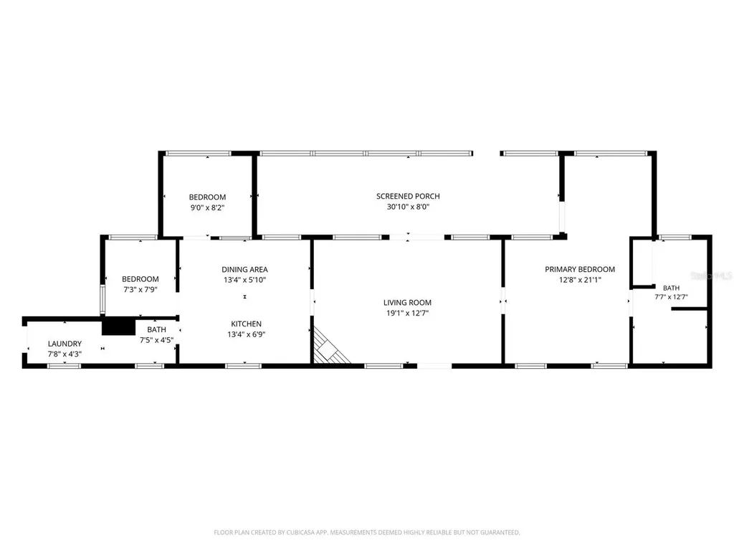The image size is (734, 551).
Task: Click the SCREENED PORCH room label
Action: point(408,197)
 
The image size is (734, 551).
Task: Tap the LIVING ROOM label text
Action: point(407,303)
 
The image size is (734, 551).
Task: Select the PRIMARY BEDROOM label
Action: point(579,270)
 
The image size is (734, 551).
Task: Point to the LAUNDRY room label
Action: point(65,344)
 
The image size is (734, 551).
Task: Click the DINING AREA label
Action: point(245,270)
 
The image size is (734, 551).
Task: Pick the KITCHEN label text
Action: point(247,324)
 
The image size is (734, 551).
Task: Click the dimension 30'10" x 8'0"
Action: point(408,207)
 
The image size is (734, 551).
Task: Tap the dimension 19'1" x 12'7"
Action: point(407,313)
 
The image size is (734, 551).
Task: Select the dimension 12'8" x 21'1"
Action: point(579,280)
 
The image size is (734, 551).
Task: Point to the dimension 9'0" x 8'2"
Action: point(207,207)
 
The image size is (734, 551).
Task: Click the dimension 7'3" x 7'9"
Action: point(140,290)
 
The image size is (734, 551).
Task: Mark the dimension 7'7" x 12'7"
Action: point(671,296)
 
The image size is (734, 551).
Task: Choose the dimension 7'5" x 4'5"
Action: point(156,340)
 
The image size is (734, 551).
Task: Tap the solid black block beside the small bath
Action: point(118,326)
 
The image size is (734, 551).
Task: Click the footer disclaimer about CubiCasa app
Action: point(367,532)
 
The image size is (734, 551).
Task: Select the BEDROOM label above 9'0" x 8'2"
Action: point(207,197)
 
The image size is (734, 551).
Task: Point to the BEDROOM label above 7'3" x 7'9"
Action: point(140,279)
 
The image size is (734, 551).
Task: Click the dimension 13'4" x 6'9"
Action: point(247,334)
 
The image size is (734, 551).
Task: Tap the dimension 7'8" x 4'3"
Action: point(65,354)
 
